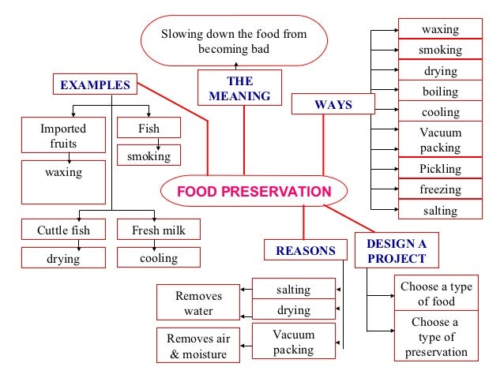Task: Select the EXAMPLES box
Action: point(95,84)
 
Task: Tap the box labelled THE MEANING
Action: point(239,88)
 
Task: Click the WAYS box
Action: point(333,104)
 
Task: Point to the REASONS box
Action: point(305,251)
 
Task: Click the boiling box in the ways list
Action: point(440,92)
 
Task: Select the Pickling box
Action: point(440,169)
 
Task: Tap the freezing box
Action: point(440,189)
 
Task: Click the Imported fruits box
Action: point(63,135)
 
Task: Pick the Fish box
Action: point(149,127)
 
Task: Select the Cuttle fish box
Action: point(63,230)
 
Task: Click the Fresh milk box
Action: point(158,230)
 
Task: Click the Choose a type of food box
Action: point(436,294)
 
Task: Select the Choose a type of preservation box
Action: point(436,337)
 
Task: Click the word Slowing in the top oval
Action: point(182,35)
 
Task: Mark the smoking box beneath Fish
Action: point(149,155)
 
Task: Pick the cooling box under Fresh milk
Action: point(158,257)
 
